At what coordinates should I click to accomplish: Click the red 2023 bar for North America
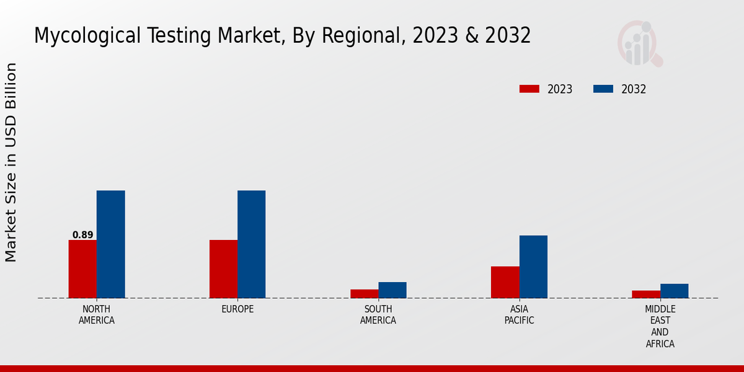[82, 268]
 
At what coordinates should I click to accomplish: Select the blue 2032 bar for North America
[110, 244]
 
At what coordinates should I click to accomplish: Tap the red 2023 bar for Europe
[223, 268]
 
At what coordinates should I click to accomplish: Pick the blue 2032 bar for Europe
[251, 244]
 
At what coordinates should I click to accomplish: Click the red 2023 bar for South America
[364, 293]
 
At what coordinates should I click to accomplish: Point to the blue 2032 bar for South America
[392, 290]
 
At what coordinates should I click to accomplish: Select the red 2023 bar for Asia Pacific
[505, 282]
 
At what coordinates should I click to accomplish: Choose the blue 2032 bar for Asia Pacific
[533, 267]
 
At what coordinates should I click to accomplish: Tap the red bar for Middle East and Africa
[646, 294]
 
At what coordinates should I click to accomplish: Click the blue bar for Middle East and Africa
[674, 291]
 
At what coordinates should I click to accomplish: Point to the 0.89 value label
[82, 235]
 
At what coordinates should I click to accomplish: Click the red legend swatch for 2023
[529, 89]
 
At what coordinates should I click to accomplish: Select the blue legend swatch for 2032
[603, 89]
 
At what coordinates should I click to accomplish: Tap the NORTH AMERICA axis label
[96, 314]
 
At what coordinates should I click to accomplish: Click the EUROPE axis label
[237, 309]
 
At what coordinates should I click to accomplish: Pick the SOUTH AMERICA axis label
[378, 314]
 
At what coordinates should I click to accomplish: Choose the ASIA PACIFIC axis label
[519, 314]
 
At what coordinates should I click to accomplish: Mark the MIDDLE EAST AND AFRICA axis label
[660, 326]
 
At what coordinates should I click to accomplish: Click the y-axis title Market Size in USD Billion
[11, 162]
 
